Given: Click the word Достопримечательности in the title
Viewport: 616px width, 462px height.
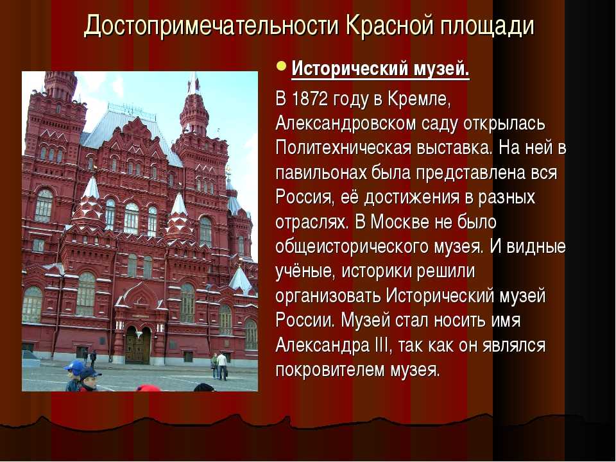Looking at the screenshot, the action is click(211, 26).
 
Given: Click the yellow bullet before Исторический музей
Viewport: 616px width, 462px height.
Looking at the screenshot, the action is click(281, 65).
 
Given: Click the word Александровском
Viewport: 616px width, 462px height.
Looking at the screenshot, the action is click(346, 124).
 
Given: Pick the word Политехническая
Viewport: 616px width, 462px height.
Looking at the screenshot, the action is click(342, 148).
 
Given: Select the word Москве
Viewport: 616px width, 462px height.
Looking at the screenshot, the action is click(400, 222).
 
